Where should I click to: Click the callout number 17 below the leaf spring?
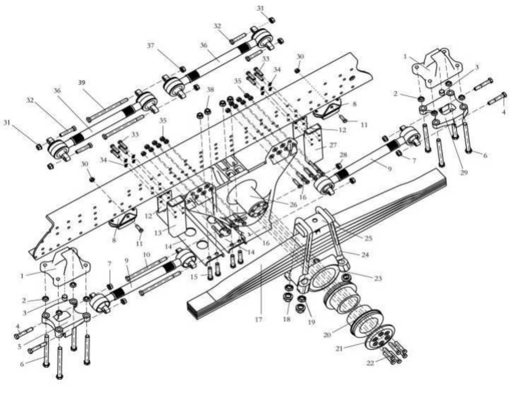pyautogui.click(x=258, y=319)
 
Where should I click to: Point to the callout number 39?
pyautogui.click(x=82, y=83)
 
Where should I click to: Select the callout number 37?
pyautogui.click(x=150, y=46)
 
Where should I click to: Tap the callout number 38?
pyautogui.click(x=211, y=90)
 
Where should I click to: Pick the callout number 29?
pyautogui.click(x=463, y=172)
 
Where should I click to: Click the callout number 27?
pyautogui.click(x=333, y=145)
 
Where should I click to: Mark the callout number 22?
pyautogui.click(x=370, y=363)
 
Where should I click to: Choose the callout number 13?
pyautogui.click(x=158, y=233)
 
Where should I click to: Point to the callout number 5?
pyautogui.click(x=19, y=347)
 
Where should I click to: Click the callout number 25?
pyautogui.click(x=368, y=238)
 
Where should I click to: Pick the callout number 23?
pyautogui.click(x=378, y=279)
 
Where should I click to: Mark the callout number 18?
pyautogui.click(x=286, y=319)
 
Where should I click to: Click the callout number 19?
pyautogui.click(x=312, y=322)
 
